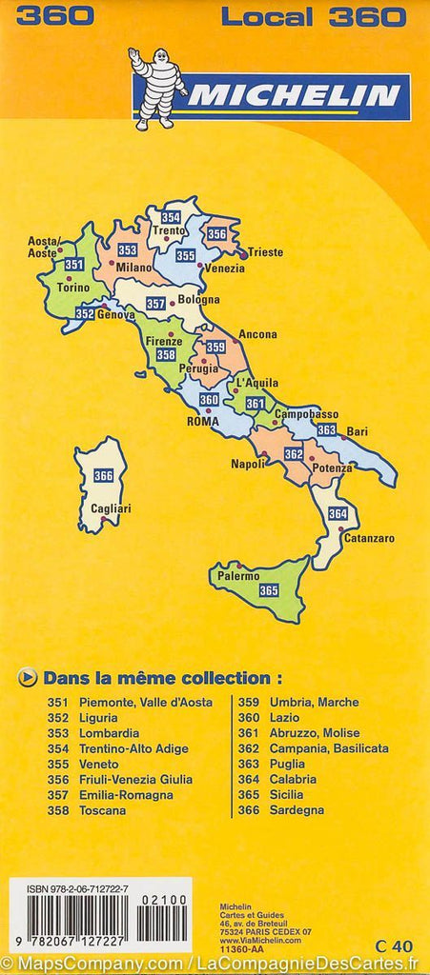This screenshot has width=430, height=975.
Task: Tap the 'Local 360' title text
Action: point(314,16)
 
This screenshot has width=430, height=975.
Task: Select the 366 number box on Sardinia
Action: point(103,476)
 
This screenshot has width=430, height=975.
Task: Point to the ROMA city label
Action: point(202,421)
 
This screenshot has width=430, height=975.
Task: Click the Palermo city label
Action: point(238,576)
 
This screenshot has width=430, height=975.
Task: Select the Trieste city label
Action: point(267,253)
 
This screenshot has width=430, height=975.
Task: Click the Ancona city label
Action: point(257,334)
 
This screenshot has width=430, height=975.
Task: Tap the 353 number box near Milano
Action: point(127,249)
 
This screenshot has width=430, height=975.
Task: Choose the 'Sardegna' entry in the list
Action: point(297,810)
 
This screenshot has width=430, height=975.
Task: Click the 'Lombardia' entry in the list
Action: point(110,733)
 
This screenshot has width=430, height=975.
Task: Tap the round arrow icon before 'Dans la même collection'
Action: point(29,678)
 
